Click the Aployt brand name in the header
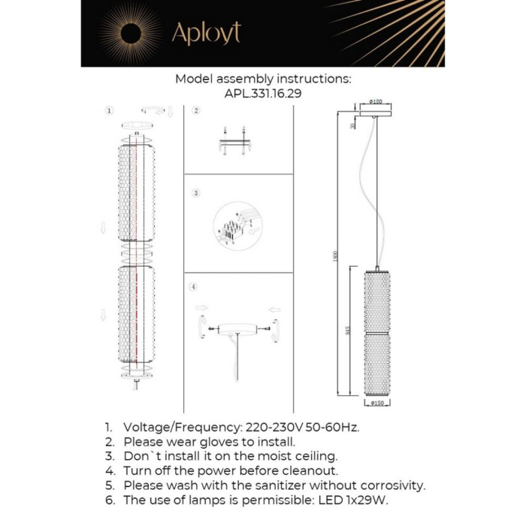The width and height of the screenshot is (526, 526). click(206, 34)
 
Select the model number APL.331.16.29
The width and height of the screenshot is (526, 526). click(262, 94)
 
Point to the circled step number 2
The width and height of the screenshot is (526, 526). click(196, 110)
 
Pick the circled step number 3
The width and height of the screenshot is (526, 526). click(196, 193)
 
